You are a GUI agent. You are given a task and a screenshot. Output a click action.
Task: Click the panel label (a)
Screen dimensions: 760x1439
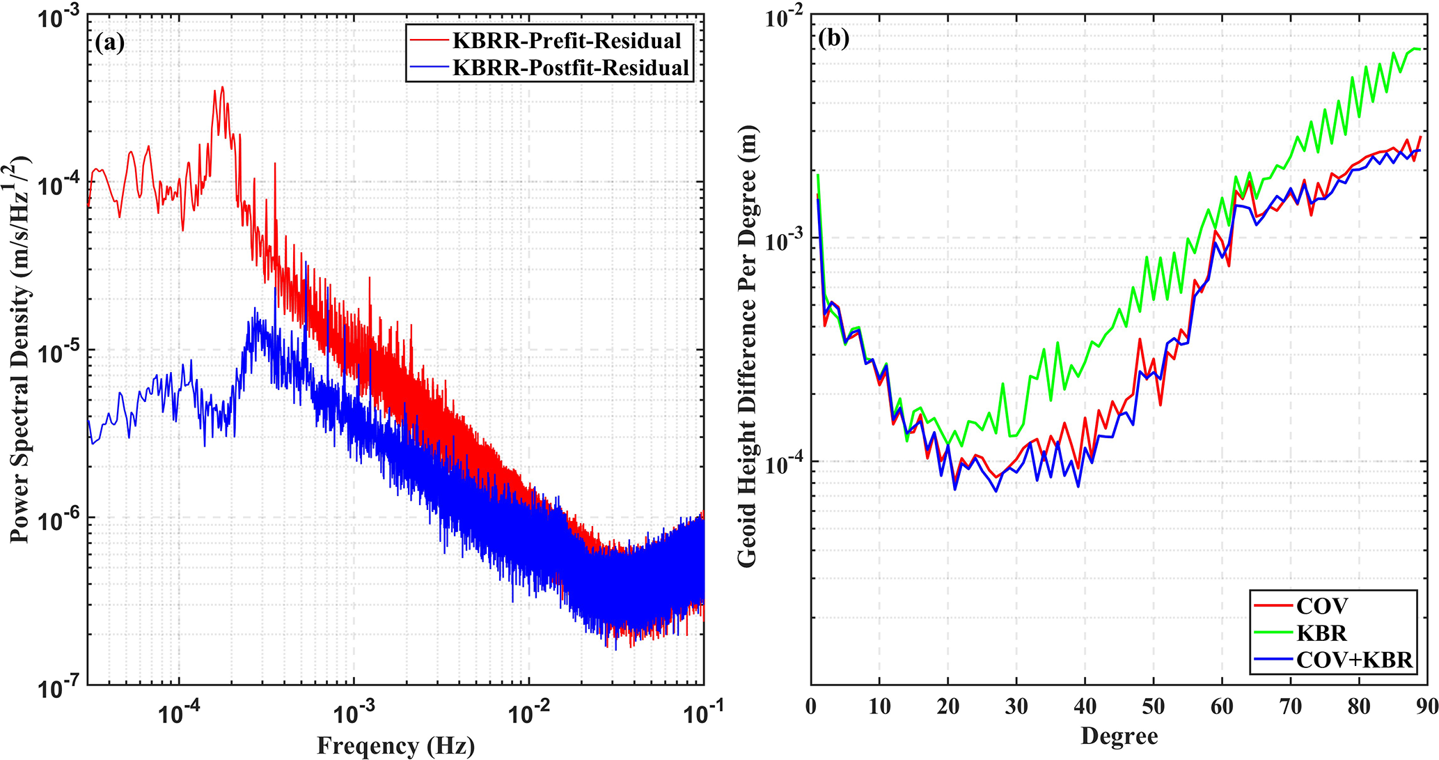point(110,42)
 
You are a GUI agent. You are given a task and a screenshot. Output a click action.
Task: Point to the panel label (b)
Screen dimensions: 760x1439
point(833,39)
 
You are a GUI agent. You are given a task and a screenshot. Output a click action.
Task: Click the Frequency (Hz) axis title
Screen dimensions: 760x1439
point(395,745)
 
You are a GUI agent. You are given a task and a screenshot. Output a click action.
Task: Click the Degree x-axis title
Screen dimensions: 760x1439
point(1119,736)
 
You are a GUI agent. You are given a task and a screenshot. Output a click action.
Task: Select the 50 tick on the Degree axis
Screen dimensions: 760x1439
point(1153,706)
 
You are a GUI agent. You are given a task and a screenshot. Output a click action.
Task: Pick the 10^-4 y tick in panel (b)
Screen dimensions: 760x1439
point(785,465)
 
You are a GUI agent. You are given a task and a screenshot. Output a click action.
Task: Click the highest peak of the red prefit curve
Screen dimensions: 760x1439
point(222,87)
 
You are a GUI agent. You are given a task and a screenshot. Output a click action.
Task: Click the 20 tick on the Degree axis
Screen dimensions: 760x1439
point(947,706)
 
